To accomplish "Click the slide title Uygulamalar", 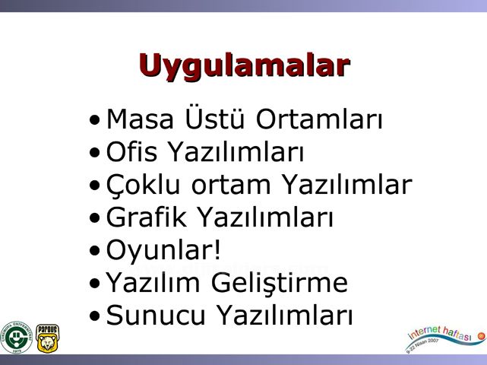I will [x=244, y=65].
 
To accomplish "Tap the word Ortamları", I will [x=318, y=119].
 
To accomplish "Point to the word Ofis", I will [x=131, y=153].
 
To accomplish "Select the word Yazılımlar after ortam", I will [x=347, y=186].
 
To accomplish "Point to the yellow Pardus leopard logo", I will [x=47, y=337].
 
